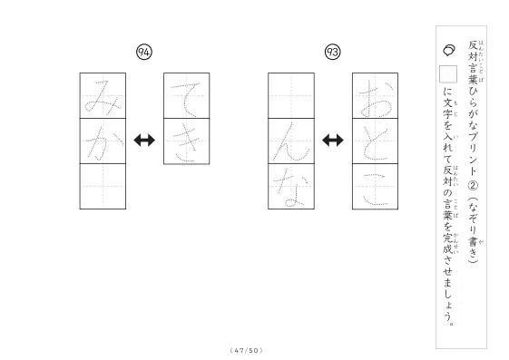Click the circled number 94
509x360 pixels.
coord(144,52)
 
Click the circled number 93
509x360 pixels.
coord(333,52)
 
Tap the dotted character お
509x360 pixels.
coord(376,98)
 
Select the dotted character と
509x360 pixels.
coord(376,145)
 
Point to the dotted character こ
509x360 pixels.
coord(376,190)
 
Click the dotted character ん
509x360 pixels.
coord(291,142)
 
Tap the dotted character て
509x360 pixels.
coord(187,99)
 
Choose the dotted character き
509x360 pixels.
coord(186,144)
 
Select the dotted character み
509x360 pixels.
coord(103,96)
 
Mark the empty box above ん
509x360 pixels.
coord(291,96)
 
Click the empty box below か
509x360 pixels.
coord(103,186)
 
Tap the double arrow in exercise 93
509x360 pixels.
coord(333,141)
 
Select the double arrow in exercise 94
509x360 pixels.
coord(144,141)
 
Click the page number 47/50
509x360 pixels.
coord(247,350)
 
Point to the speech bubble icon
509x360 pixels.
coord(449,50)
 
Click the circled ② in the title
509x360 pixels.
coord(473,186)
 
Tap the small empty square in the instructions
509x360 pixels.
coord(448,74)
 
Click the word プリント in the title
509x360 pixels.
coord(473,154)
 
